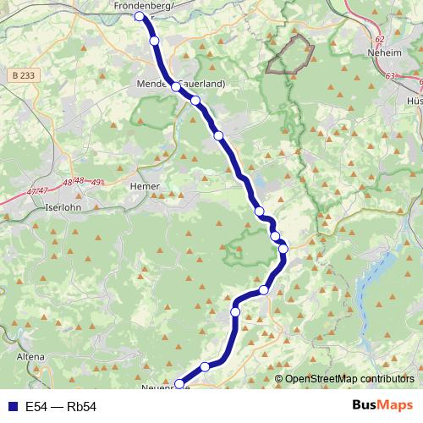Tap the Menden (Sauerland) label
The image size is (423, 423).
click(179, 85)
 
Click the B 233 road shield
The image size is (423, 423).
click(25, 75)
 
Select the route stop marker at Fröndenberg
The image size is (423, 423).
click(140, 16)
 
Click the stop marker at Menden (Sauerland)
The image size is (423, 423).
click(175, 86)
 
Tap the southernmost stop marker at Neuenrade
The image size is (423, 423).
click(177, 382)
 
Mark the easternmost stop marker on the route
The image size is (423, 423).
click(283, 248)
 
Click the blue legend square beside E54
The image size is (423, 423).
click(11, 407)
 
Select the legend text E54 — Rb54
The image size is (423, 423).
click(61, 407)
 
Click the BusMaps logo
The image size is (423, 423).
click(383, 406)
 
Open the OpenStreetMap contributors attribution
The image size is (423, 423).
click(349, 379)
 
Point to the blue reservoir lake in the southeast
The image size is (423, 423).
click(372, 296)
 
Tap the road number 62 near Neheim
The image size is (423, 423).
click(378, 39)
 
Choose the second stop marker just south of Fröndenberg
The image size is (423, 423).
click(154, 40)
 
